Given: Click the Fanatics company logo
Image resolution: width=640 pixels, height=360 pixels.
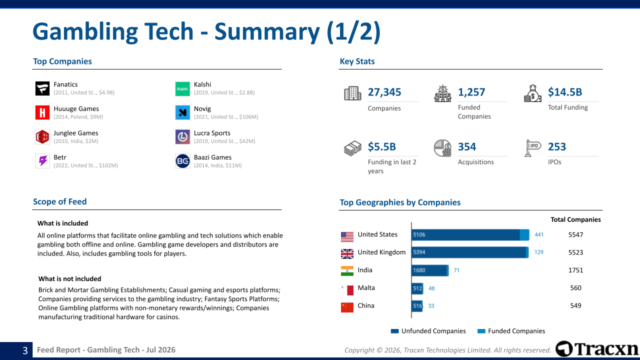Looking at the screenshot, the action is point(42,88).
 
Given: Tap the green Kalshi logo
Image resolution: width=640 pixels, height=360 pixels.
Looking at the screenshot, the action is point(182,88).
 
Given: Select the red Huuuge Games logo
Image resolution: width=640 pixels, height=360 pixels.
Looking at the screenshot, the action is point(42,112).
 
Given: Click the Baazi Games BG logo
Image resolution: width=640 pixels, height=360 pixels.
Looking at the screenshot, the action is point(182,161).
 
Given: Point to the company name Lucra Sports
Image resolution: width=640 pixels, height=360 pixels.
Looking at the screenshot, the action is point(212,133).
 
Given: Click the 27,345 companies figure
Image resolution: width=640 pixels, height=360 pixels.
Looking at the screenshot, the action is point(384,92).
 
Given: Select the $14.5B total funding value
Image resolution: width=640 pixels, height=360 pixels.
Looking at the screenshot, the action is point(565,92).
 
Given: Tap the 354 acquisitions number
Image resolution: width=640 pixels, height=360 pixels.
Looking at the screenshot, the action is point(467,146).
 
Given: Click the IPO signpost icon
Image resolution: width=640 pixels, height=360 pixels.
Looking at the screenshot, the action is point(533,148).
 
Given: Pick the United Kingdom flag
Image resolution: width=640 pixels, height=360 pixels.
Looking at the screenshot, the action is point(347,253).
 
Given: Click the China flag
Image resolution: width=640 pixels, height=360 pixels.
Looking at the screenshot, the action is point(347,307).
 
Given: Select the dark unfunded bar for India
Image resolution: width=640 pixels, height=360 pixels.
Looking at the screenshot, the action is point(429,270).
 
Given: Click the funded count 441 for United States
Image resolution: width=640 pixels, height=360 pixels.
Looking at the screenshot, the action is point(539,235).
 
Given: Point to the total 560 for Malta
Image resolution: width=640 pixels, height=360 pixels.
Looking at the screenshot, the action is point(575,288).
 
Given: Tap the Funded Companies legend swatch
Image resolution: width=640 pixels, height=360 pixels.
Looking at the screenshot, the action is point(481,331).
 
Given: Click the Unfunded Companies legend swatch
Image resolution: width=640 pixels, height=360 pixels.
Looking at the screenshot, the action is point(394,331).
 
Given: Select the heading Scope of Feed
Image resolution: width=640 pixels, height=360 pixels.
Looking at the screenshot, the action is point(59,201).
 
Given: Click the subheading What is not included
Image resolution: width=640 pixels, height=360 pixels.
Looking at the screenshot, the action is point(69,279).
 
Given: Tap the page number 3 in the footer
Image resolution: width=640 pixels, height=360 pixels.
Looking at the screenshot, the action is point(25,350).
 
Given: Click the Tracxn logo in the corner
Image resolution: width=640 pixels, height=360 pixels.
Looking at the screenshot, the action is point(597,349).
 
